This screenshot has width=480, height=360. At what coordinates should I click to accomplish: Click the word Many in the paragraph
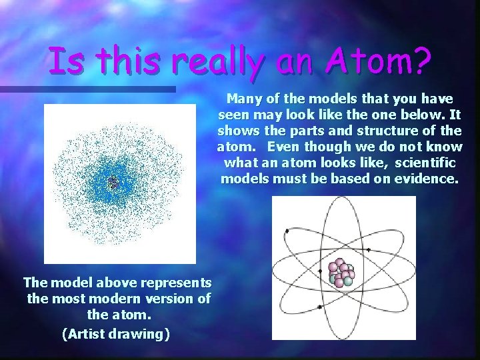tap(243, 99)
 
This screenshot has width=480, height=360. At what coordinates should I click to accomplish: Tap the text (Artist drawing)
tap(115, 333)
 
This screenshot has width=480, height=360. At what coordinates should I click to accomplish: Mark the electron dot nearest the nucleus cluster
tap(321, 272)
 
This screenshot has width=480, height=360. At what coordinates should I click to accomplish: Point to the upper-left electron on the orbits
tap(286, 231)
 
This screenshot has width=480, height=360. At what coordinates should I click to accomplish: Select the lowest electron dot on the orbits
tap(320, 307)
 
